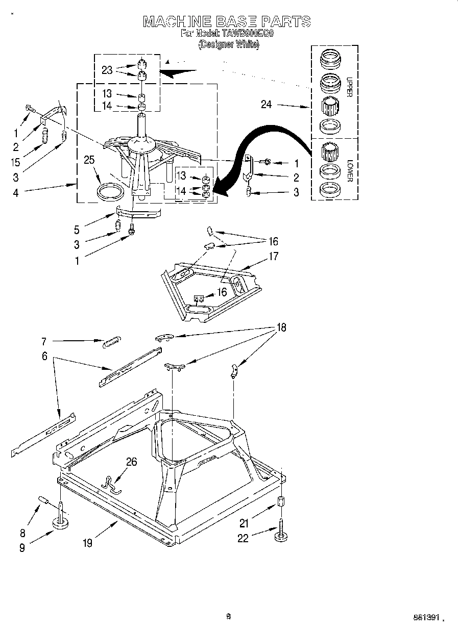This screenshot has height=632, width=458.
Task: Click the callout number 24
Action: (266, 105)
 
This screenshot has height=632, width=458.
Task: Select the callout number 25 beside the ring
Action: (89, 161)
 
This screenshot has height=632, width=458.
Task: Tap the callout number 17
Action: (274, 256)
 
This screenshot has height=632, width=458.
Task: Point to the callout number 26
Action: (131, 462)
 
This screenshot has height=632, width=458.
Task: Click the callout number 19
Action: (88, 543)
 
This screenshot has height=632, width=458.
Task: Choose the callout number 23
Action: (107, 70)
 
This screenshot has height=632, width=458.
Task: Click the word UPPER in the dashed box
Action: (350, 86)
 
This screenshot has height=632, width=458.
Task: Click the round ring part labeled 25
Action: (111, 192)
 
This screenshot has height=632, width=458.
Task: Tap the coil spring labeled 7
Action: (111, 343)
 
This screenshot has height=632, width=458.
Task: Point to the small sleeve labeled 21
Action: (280, 501)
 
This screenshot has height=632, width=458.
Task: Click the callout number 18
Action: (281, 328)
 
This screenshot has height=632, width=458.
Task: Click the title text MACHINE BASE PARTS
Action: (227, 21)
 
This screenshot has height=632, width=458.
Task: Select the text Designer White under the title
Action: (229, 44)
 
